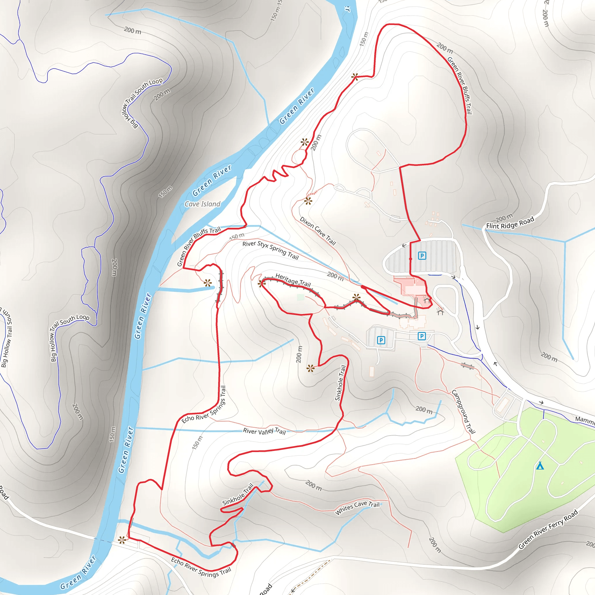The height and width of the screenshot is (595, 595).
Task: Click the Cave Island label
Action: pyautogui.click(x=202, y=204)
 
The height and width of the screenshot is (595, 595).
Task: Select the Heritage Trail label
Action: pyautogui.click(x=293, y=280)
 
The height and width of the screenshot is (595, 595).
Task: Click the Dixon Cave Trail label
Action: pyautogui.click(x=318, y=231)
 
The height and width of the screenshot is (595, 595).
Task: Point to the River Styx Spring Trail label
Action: pyautogui.click(x=270, y=250)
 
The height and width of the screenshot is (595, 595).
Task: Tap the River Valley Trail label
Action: pyautogui.click(x=264, y=431)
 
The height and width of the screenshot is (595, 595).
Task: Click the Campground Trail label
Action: pyautogui.click(x=463, y=412)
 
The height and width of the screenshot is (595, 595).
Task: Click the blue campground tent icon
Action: pyautogui.click(x=540, y=466)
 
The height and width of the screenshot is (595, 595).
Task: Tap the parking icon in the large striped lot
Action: pyautogui.click(x=422, y=256)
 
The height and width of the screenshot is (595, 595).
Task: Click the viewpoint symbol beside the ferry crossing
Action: pyautogui.click(x=122, y=540)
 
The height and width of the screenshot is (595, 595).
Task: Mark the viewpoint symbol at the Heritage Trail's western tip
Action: pyautogui.click(x=261, y=283)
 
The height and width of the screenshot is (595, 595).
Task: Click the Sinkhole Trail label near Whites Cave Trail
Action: pyautogui.click(x=238, y=494)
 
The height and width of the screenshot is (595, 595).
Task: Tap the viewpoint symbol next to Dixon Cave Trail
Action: pyautogui.click(x=308, y=201)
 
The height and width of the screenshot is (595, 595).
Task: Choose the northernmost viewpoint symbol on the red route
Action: pyautogui.click(x=355, y=76)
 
